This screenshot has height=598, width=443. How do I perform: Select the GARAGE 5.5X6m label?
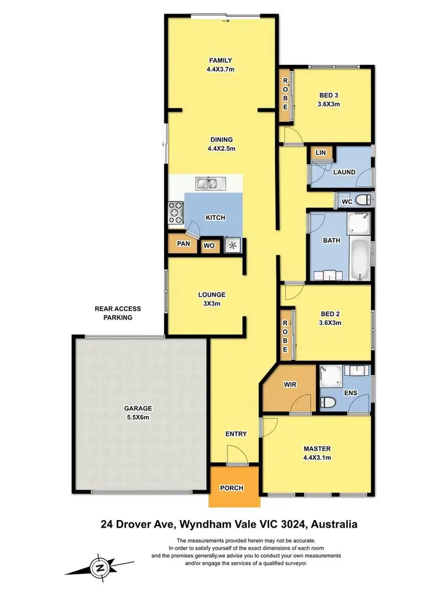tap(138, 412)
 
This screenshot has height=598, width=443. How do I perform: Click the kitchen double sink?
tap(207, 183)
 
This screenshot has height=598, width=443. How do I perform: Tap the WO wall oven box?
tap(209, 245)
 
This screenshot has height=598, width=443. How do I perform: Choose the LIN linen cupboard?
tap(321, 153)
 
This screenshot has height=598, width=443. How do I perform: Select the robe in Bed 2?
tap(285, 333)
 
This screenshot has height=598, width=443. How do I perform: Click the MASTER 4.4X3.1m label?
tap(317, 452)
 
